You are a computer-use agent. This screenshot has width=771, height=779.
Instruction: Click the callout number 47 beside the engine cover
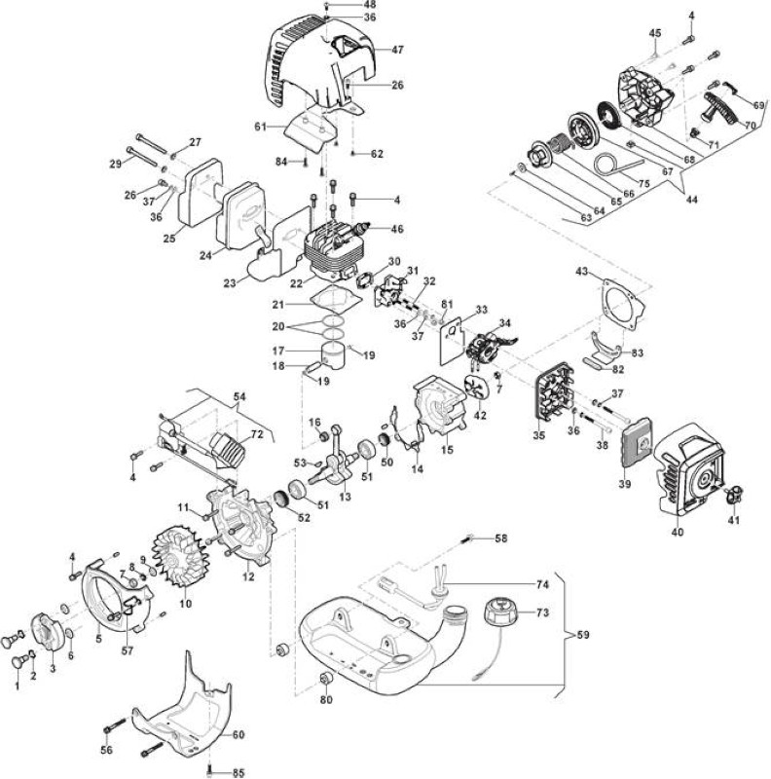[397, 50]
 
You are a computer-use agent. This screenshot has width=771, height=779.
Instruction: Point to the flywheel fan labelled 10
[180, 554]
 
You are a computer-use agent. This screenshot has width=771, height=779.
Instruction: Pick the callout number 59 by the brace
[583, 635]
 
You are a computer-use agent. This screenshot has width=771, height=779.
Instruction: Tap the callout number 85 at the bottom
[239, 773]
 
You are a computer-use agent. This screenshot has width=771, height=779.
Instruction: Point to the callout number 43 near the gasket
[582, 272]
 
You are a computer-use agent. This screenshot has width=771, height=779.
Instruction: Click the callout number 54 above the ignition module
[239, 397]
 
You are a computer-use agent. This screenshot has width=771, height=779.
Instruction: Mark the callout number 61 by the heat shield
[261, 128]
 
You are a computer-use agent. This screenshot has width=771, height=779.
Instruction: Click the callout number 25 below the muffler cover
[169, 238]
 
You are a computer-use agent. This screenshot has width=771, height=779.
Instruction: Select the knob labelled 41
[734, 495]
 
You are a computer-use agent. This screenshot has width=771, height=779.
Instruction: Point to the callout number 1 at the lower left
[18, 686]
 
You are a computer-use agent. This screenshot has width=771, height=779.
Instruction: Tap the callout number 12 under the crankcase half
[248, 576]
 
